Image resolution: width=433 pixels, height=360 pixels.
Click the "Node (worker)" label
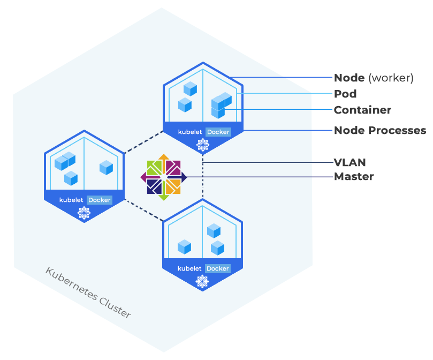(374, 78)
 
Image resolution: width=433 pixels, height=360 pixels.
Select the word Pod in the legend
(345, 94)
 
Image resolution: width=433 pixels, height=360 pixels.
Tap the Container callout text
(362, 110)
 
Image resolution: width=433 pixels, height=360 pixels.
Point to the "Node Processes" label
(380, 130)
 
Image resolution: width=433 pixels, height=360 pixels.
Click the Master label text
(354, 176)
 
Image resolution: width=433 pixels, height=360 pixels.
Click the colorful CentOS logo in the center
(164, 177)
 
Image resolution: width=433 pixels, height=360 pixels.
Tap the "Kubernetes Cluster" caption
(88, 292)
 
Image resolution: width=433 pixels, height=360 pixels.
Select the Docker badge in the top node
(218, 132)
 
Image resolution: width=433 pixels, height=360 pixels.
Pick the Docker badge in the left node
(99, 200)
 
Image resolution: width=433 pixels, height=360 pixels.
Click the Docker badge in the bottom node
(218, 268)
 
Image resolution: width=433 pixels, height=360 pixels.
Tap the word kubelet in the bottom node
(190, 268)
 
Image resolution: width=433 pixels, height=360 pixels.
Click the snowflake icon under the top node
(202, 144)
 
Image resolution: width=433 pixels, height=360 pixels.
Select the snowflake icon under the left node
(83, 213)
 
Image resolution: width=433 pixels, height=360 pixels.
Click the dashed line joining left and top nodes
(143, 142)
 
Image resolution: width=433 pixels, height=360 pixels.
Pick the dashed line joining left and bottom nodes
(143, 211)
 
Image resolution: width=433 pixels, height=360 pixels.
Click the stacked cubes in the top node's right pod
(221, 104)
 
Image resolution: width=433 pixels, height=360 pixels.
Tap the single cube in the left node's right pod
(106, 168)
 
